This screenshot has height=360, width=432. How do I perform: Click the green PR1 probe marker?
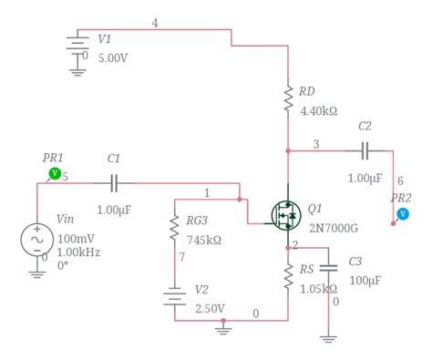click(x=55, y=172)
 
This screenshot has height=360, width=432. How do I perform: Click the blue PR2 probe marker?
click(x=403, y=214)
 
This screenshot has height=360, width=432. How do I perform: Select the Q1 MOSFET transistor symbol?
click(x=286, y=215)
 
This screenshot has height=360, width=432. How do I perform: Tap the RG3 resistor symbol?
click(x=174, y=229)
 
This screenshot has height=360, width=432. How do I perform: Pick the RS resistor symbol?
click(x=288, y=276)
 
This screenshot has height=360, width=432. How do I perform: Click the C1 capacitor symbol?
click(x=114, y=183)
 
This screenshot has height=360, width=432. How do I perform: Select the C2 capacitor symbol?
click(x=365, y=149)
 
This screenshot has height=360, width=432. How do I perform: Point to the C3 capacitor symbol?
click(x=329, y=267)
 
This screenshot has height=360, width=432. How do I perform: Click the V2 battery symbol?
click(x=174, y=298)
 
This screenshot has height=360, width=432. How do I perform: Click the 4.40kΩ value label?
click(x=319, y=111)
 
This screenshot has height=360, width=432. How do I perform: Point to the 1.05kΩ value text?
click(x=319, y=289)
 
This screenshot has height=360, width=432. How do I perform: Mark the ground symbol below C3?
click(x=329, y=337)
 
